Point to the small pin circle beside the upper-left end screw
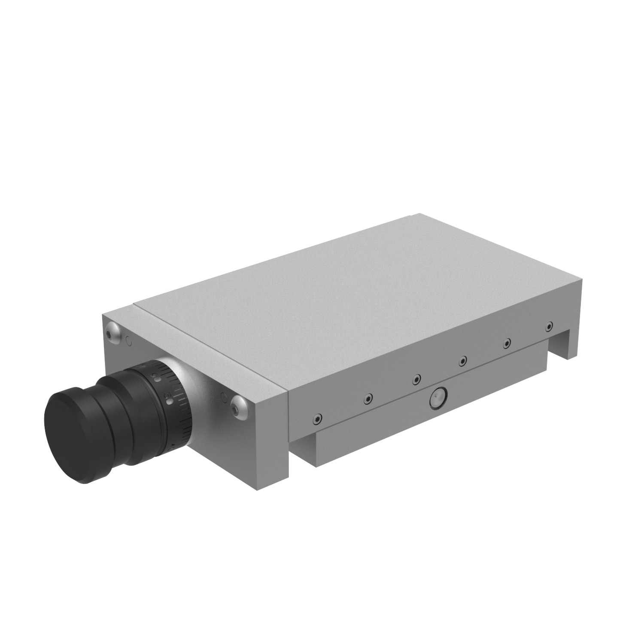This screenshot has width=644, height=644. coord(128,342)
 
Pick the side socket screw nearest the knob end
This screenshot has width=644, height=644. coord(317,418)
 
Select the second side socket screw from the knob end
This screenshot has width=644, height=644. coord(368,398)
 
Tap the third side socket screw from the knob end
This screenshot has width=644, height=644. coord(416,379)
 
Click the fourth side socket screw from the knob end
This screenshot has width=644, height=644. coord(462,361)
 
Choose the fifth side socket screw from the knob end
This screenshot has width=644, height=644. coord(507,343)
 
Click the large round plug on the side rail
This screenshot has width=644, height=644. coord(437,398)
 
